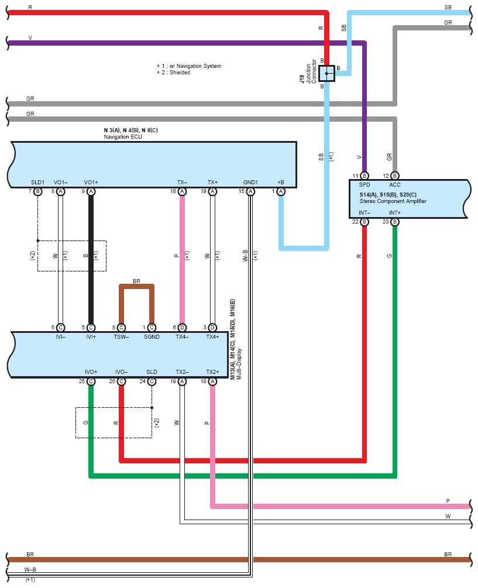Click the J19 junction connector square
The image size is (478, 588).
(326, 73)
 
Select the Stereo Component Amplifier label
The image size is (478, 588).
(393, 201)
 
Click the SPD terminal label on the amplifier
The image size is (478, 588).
(364, 184)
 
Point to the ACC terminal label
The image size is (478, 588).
(395, 184)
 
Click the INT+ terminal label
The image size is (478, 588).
(395, 212)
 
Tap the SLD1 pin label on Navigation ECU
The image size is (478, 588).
(37, 182)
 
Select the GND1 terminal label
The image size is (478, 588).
(250, 182)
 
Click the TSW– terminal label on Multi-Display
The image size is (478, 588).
(121, 337)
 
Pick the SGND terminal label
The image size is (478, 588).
(152, 337)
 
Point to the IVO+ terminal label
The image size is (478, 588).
(91, 372)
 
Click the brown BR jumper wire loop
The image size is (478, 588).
(136, 286)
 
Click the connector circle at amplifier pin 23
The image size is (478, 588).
(395, 222)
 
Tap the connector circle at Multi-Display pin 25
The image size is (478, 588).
(91, 381)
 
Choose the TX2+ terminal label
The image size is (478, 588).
(212, 372)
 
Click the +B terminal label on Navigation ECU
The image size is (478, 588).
(281, 182)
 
